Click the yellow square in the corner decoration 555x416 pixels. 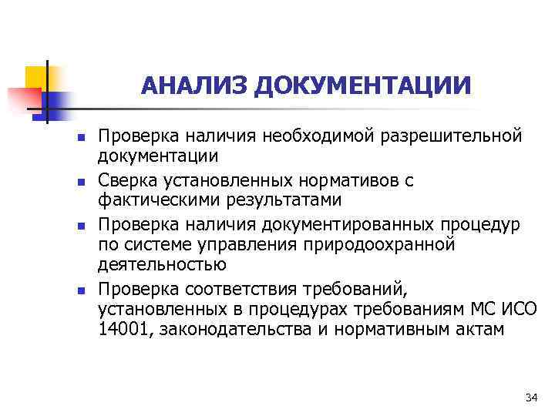point(35,77)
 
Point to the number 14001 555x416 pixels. point(119,329)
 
